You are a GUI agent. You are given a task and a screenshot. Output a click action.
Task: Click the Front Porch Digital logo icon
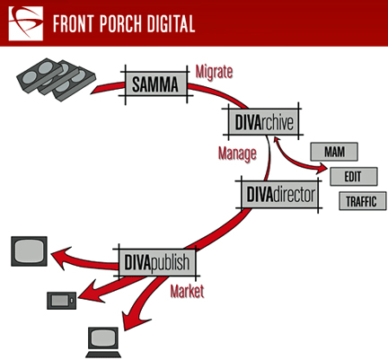tap(26, 23)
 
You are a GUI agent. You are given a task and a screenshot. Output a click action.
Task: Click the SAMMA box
tap(155, 84)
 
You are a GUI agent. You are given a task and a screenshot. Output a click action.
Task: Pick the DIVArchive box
tap(263, 122)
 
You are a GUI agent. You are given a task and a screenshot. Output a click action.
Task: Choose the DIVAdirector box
tap(280, 195)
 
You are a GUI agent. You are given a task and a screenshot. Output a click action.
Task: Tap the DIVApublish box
tap(157, 262)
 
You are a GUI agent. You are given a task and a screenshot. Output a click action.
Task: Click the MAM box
tap(334, 152)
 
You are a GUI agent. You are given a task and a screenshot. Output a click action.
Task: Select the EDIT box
tap(354, 177)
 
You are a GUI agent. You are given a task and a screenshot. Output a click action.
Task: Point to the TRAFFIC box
tap(362, 201)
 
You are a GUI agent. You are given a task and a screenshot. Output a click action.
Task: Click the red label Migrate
tap(214, 73)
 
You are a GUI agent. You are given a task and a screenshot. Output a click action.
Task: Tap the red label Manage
tap(237, 154)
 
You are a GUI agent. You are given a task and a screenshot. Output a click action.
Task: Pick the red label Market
tap(187, 291)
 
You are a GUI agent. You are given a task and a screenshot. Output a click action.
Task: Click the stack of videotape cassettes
tap(56, 79)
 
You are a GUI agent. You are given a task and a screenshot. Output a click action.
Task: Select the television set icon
tap(29, 251)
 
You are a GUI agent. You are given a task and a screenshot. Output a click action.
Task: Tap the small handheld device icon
tap(62, 301)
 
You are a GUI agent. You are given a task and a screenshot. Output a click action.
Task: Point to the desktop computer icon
tap(103, 342)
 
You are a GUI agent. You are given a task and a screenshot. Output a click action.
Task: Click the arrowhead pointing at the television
tap(61, 257)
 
